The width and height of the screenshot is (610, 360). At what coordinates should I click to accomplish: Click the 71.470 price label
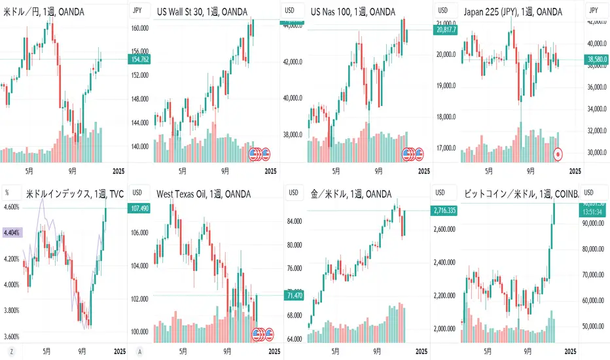coord(295,296)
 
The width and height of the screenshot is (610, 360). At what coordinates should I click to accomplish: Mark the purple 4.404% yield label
coord(11,232)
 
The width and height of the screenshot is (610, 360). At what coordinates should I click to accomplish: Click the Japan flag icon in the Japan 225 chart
coord(558,154)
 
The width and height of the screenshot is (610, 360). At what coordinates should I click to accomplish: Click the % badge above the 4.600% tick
coord(7,192)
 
